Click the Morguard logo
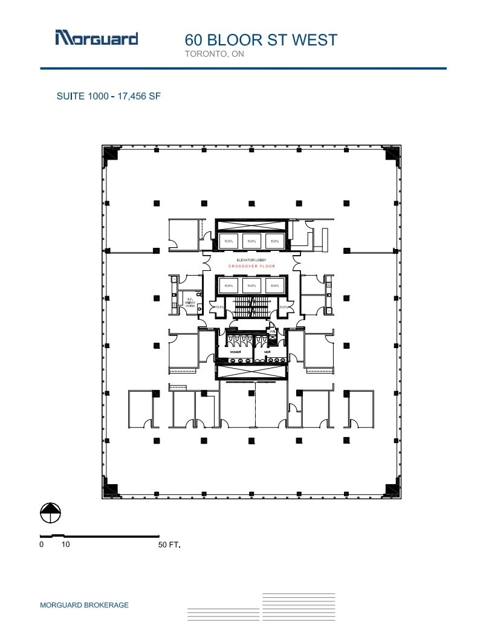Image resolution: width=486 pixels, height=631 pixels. [97, 38]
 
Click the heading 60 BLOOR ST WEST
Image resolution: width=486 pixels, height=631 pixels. [261, 40]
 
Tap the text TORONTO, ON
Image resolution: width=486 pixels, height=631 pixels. [215, 54]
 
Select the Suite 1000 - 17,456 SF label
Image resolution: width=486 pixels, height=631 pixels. [108, 95]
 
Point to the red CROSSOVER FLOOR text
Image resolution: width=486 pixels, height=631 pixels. [251, 266]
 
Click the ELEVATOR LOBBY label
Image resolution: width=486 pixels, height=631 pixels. [251, 260]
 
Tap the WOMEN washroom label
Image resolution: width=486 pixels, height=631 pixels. [235, 351]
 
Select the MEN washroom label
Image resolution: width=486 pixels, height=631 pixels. [266, 351]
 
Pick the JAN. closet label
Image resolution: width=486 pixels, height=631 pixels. [273, 331]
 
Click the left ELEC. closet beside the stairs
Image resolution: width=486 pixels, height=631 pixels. [220, 307]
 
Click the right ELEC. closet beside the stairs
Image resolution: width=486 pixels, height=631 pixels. [283, 307]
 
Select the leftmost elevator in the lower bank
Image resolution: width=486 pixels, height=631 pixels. [229, 285]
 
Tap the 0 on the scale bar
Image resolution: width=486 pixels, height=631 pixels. [42, 545]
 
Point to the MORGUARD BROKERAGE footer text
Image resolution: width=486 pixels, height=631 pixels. [84, 605]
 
